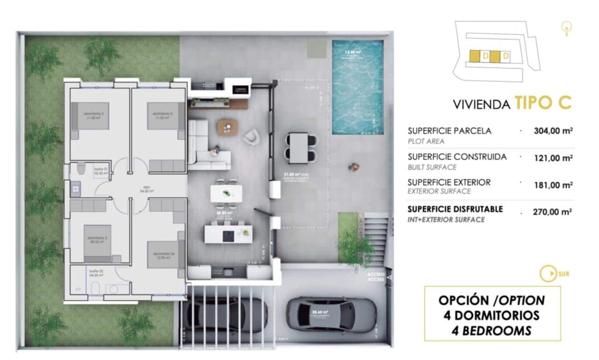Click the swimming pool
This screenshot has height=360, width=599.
coord(358,87)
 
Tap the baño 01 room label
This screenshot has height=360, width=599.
coord(101,171)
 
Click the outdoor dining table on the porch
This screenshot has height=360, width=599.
coord(299,147)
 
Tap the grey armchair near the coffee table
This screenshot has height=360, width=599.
coord(251,136)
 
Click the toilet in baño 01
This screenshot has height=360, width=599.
coord(80,169)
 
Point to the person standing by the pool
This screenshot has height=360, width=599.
coord(354,166)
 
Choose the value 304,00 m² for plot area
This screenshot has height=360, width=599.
coord(553,131)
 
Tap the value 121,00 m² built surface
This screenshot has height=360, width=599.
coord(553,158)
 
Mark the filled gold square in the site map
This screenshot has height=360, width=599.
coord(474,57)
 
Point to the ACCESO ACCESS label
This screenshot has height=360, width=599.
coord(376,276)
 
